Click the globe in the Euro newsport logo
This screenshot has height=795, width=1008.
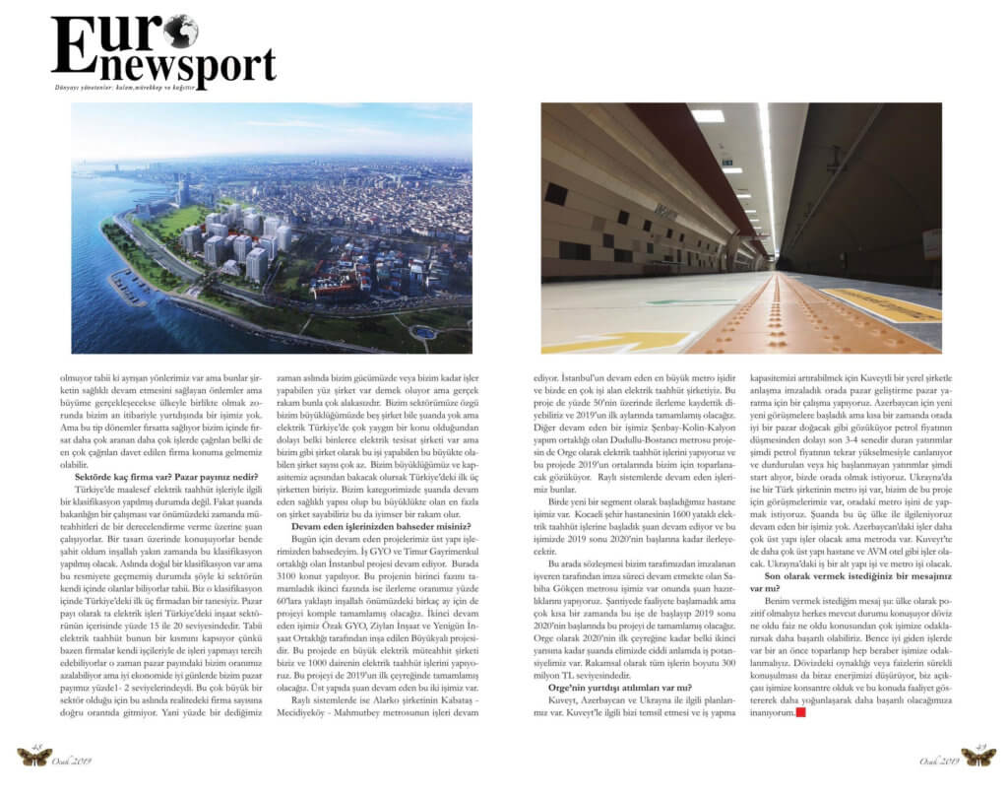click(x=181, y=31)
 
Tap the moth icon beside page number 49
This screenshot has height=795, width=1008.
click(x=977, y=757)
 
